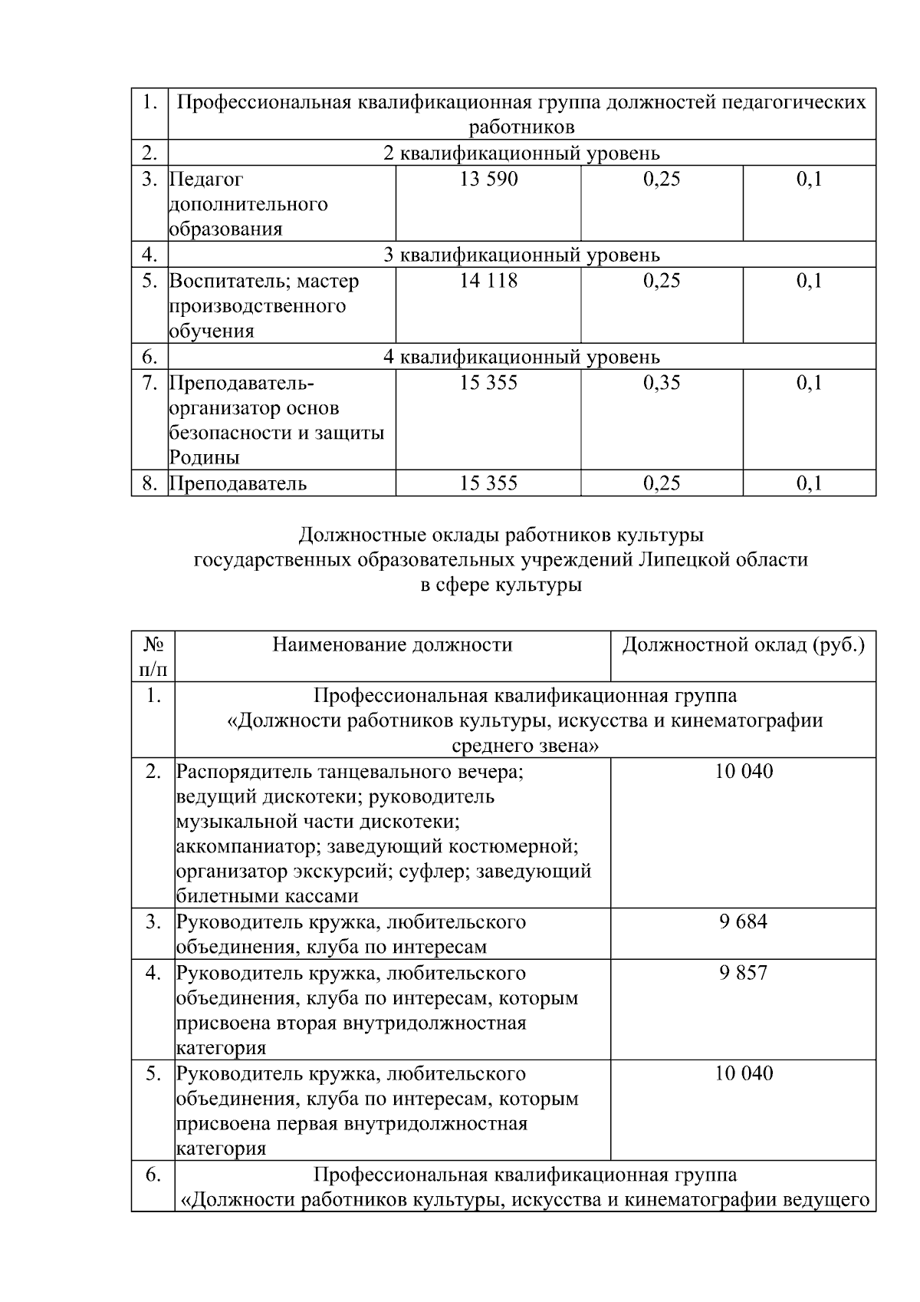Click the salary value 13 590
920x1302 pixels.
pyautogui.click(x=488, y=180)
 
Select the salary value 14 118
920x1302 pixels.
pyautogui.click(x=488, y=281)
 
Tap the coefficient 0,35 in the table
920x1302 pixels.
pyautogui.click(x=661, y=383)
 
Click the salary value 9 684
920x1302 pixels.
pyautogui.click(x=743, y=921)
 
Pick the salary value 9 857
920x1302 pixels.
pyautogui.click(x=743, y=973)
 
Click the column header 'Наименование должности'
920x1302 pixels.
pyautogui.click(x=392, y=644)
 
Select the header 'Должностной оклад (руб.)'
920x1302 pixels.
pyautogui.click(x=743, y=644)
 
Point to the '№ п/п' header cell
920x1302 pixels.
pyautogui.click(x=153, y=657)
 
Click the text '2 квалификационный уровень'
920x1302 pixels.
pyautogui.click(x=521, y=153)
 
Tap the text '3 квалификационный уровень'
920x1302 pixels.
pyautogui.click(x=521, y=255)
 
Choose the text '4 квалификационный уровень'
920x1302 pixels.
pyautogui.click(x=521, y=357)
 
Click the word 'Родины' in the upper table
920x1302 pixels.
pyautogui.click(x=204, y=458)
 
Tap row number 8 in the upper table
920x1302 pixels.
pyautogui.click(x=149, y=483)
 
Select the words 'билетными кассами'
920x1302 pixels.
pyautogui.click(x=267, y=896)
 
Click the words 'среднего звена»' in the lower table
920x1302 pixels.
pyautogui.click(x=525, y=745)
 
